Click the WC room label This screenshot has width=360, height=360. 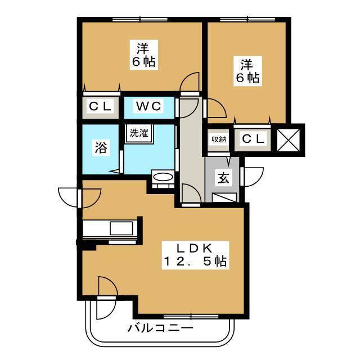148,105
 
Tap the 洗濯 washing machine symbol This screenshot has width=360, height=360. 139,133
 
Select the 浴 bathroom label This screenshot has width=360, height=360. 100,149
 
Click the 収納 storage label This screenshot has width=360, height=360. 219,139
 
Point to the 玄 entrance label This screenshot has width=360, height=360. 223,179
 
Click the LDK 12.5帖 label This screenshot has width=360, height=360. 195,254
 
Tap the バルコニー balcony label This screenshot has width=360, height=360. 160,328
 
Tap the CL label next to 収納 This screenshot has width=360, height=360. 253,139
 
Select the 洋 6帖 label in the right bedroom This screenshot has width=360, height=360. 247,71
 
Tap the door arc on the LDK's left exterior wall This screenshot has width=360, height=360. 70,196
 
